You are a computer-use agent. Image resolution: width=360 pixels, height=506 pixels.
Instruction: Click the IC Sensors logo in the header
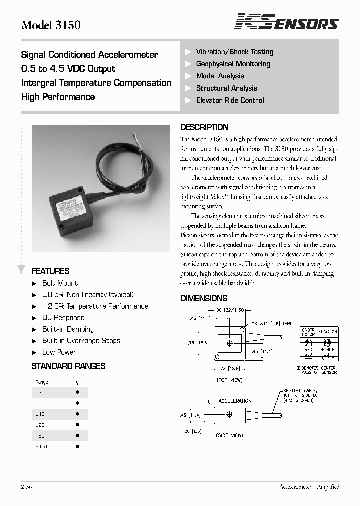pyautogui.click(x=287, y=22)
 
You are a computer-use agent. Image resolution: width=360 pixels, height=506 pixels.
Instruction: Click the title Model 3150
pyautogui.click(x=50, y=25)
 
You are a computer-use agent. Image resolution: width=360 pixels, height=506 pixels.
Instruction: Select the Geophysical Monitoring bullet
pyautogui.click(x=233, y=64)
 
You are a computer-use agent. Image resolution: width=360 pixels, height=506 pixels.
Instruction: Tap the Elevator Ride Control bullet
pyautogui.click(x=230, y=100)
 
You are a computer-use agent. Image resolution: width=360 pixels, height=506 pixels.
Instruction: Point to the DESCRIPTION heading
pyautogui.click(x=204, y=127)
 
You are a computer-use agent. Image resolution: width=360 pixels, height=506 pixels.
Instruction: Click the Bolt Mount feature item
pyautogui.click(x=60, y=283)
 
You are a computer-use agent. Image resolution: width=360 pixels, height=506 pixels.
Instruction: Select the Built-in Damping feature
pyautogui.click(x=68, y=329)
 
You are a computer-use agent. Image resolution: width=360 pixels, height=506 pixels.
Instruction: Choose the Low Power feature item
pyautogui.click(x=59, y=352)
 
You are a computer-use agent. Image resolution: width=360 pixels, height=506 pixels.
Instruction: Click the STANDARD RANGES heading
pyautogui.click(x=68, y=366)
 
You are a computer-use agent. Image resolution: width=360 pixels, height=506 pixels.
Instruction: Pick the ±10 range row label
pyautogui.click(x=40, y=414)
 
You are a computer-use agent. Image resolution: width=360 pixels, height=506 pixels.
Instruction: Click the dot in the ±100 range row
pyautogui.click(x=77, y=446)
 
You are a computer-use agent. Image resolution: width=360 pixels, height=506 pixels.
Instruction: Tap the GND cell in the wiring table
pyautogui.click(x=328, y=340)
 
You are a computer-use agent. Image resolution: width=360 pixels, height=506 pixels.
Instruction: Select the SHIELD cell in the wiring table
pyautogui.click(x=328, y=359)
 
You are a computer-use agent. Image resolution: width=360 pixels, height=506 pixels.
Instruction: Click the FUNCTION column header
pyautogui.click(x=328, y=332)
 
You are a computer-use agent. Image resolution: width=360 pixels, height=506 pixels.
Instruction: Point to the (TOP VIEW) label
pyautogui.click(x=229, y=380)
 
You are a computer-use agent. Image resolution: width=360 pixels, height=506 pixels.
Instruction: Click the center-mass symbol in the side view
pyautogui.click(x=229, y=414)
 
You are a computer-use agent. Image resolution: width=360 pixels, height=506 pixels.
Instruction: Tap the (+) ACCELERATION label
pyautogui.click(x=229, y=401)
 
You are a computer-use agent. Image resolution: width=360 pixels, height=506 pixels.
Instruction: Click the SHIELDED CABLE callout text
pyautogui.click(x=300, y=390)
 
